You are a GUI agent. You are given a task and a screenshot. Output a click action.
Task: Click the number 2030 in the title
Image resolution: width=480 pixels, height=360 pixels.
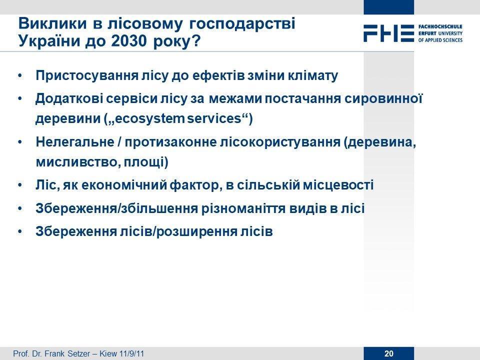point(129,41)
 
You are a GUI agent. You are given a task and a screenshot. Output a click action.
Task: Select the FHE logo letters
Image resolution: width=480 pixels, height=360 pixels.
point(389,33)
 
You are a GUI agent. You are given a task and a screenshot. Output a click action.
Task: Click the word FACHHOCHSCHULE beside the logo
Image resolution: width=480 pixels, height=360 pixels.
point(440,27)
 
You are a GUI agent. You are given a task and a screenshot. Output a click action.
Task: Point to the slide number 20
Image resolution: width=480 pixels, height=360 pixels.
point(389,353)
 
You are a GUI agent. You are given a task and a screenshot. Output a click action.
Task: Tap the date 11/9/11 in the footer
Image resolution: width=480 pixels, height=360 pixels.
point(131,353)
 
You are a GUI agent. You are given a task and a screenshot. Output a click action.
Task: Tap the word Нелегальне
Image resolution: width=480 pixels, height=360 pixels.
point(74,142)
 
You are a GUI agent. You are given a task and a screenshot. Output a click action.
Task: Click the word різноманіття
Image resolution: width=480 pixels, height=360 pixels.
point(241,208)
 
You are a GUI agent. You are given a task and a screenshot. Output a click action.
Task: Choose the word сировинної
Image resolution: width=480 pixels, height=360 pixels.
point(383,99)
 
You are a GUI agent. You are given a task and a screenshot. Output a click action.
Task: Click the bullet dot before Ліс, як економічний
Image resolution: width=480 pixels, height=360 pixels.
point(20,185)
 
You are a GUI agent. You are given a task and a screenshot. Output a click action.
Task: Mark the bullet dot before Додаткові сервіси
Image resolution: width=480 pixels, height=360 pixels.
point(20,98)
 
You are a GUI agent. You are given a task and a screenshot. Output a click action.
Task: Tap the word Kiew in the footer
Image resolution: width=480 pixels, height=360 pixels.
point(108,353)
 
